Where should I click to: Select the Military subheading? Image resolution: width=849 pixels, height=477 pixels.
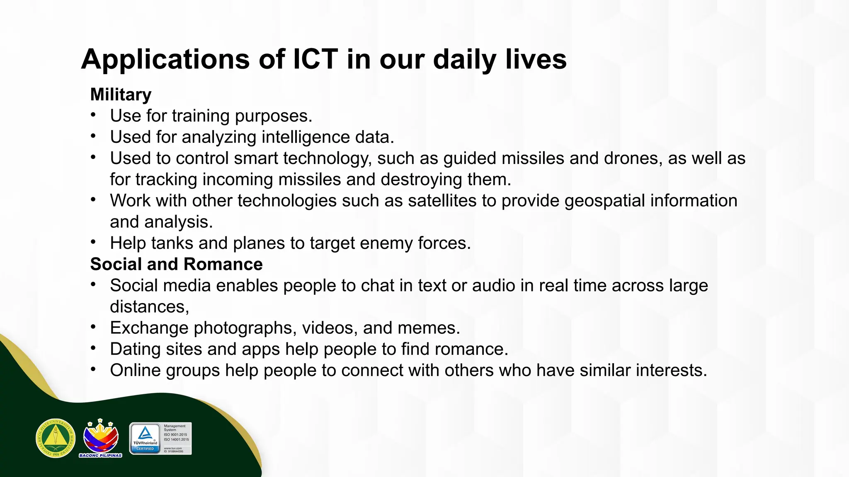pyautogui.click(x=121, y=95)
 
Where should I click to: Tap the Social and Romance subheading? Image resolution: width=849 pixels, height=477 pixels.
pyautogui.click(x=176, y=264)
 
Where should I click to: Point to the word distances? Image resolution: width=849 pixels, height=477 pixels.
pyautogui.click(x=148, y=307)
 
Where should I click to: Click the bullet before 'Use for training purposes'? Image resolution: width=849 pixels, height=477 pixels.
pyautogui.click(x=94, y=115)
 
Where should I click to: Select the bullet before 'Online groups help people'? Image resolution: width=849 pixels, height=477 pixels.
pyautogui.click(x=94, y=369)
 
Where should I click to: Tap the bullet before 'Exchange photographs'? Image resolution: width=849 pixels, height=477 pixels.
pyautogui.click(x=94, y=327)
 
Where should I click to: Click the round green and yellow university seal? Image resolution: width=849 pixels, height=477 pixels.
pyautogui.click(x=56, y=438)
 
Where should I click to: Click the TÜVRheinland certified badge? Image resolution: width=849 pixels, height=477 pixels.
pyautogui.click(x=145, y=438)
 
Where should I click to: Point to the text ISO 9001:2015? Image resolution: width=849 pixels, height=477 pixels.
pyautogui.click(x=175, y=435)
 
